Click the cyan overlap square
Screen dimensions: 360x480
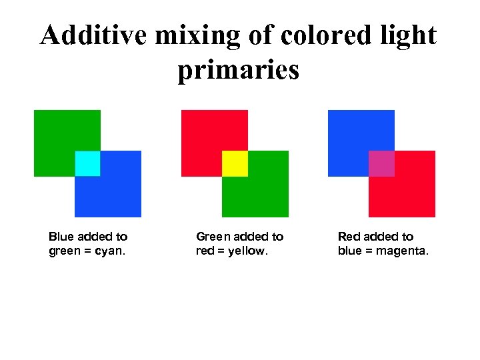[87, 163]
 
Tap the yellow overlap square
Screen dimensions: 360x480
[235, 163]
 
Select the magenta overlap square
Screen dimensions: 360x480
[381, 163]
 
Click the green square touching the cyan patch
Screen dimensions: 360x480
[60, 137]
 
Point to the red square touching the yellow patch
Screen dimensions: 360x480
[207, 137]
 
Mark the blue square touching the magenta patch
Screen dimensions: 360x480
[354, 137]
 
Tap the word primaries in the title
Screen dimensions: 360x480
[238, 71]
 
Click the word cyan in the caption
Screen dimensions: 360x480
[111, 252]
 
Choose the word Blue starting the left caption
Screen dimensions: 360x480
[61, 237]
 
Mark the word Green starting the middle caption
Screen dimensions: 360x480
[213, 237]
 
